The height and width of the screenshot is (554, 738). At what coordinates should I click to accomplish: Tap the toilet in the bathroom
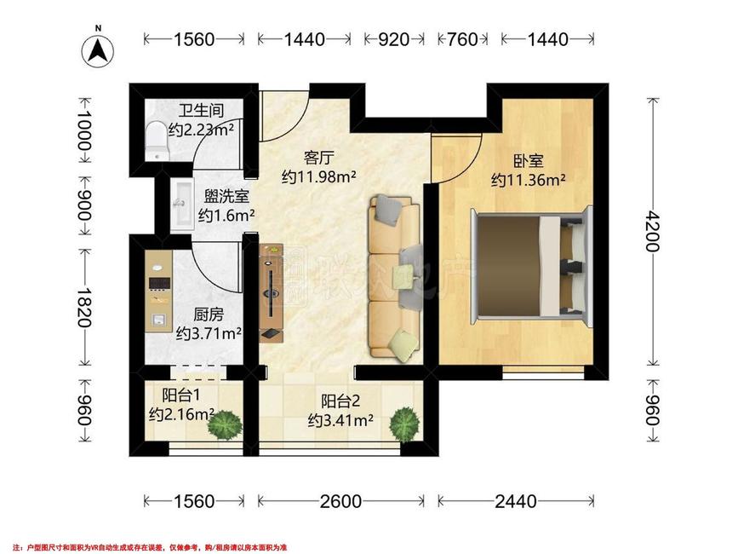coord(157,141)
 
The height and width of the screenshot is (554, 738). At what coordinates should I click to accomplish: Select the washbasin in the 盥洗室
coord(181,205)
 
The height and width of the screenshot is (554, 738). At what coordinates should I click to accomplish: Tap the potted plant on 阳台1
coord(226,425)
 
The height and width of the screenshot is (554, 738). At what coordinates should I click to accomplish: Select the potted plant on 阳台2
coord(404,424)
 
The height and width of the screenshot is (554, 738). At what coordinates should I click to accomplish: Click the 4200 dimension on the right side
coord(653,231)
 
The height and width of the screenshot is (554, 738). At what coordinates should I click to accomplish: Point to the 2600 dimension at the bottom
coord(340,502)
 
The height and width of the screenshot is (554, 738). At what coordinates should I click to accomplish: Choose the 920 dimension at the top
coord(393,39)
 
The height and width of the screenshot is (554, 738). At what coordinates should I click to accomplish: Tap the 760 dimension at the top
coord(462,39)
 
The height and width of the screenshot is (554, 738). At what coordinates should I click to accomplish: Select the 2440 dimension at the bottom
coord(516,502)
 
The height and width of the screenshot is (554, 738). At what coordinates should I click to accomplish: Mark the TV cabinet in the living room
coord(272,292)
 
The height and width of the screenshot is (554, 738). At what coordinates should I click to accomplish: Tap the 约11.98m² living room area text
coord(318,177)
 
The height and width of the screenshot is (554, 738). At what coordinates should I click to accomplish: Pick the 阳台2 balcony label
coord(340,401)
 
